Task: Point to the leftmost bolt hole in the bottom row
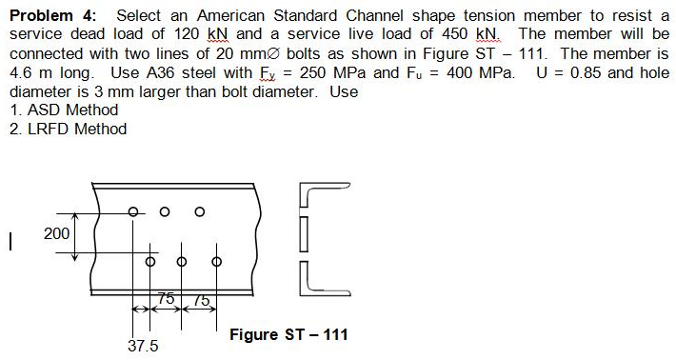(x=149, y=259)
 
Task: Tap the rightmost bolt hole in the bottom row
(x=216, y=259)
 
